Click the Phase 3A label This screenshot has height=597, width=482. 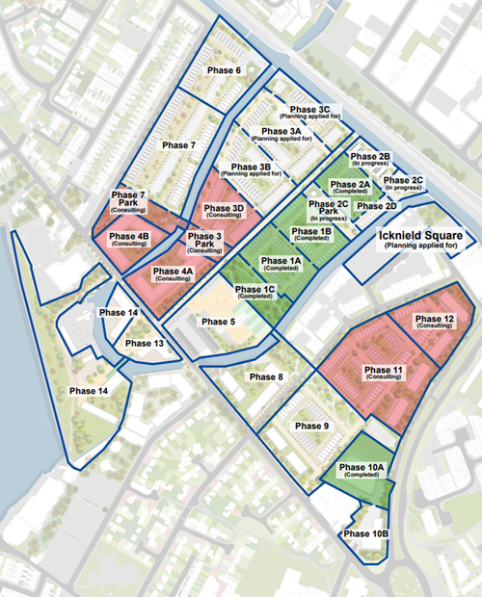[281, 132]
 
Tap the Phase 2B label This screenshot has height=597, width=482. [370, 156]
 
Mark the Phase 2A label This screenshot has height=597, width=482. [351, 184]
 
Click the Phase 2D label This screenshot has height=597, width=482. [377, 206]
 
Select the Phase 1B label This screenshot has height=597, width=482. [312, 232]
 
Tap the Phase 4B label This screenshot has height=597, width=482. [129, 237]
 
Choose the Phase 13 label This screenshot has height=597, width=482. [145, 344]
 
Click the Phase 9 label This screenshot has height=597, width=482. [312, 426]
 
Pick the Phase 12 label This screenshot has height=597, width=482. [435, 319]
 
